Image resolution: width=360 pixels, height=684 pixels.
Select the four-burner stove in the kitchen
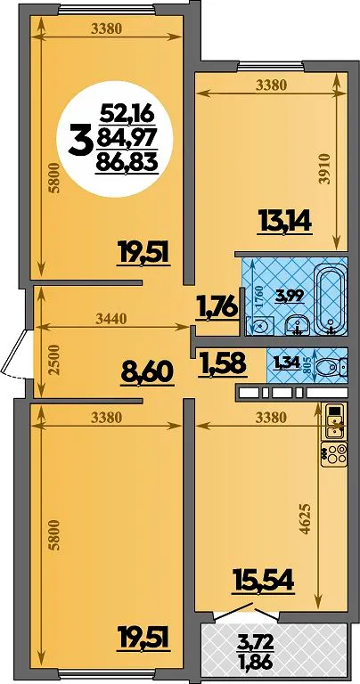click(334, 453)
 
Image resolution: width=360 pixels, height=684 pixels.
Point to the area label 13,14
click(284, 221)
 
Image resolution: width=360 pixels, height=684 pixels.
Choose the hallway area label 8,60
click(147, 373)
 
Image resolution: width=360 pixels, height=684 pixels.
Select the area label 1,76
click(217, 306)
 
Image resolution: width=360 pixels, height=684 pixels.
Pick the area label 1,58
click(222, 363)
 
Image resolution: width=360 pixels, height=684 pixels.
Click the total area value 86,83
click(127, 163)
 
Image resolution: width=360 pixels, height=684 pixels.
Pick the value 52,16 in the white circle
click(127, 115)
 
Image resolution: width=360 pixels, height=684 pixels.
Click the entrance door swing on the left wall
click(15, 354)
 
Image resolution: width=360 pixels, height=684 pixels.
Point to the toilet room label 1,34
click(287, 362)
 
